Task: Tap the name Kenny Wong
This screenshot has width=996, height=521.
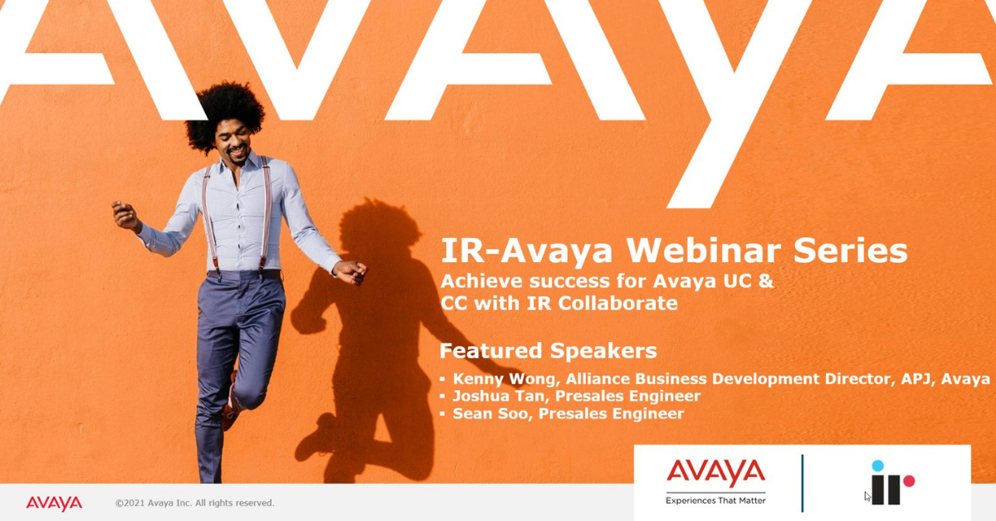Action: point(504,379)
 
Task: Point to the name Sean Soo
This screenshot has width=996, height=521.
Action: point(491,413)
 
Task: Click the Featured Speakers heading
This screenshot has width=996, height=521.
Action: point(548,350)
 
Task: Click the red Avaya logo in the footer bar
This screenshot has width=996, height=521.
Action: point(54,504)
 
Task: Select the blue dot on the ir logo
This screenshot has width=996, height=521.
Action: point(877,465)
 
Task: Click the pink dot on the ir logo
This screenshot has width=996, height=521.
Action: point(909,480)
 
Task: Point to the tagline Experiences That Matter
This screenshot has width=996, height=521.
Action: point(715,500)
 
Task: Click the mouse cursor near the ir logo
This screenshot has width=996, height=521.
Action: point(867,497)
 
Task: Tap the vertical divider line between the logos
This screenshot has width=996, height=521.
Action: point(802,483)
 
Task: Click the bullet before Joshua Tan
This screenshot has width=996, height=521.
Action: point(442,396)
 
